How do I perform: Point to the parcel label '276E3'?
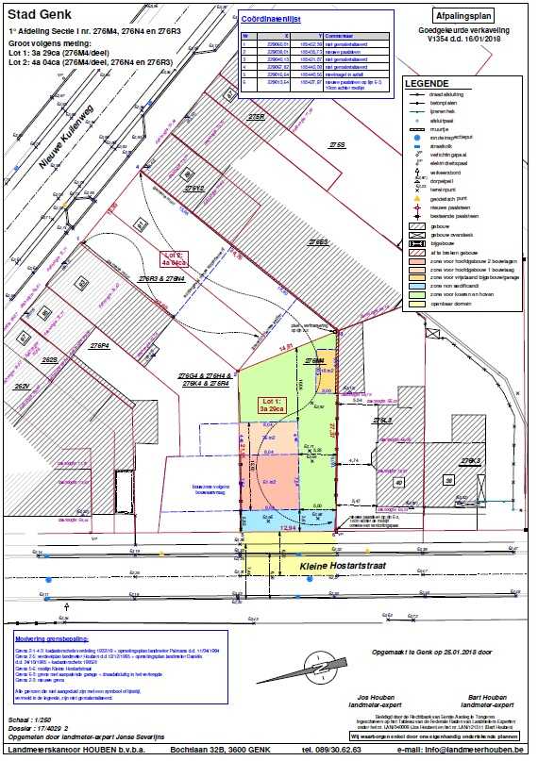pos(315,242)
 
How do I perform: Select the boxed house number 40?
pos(399,481)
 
